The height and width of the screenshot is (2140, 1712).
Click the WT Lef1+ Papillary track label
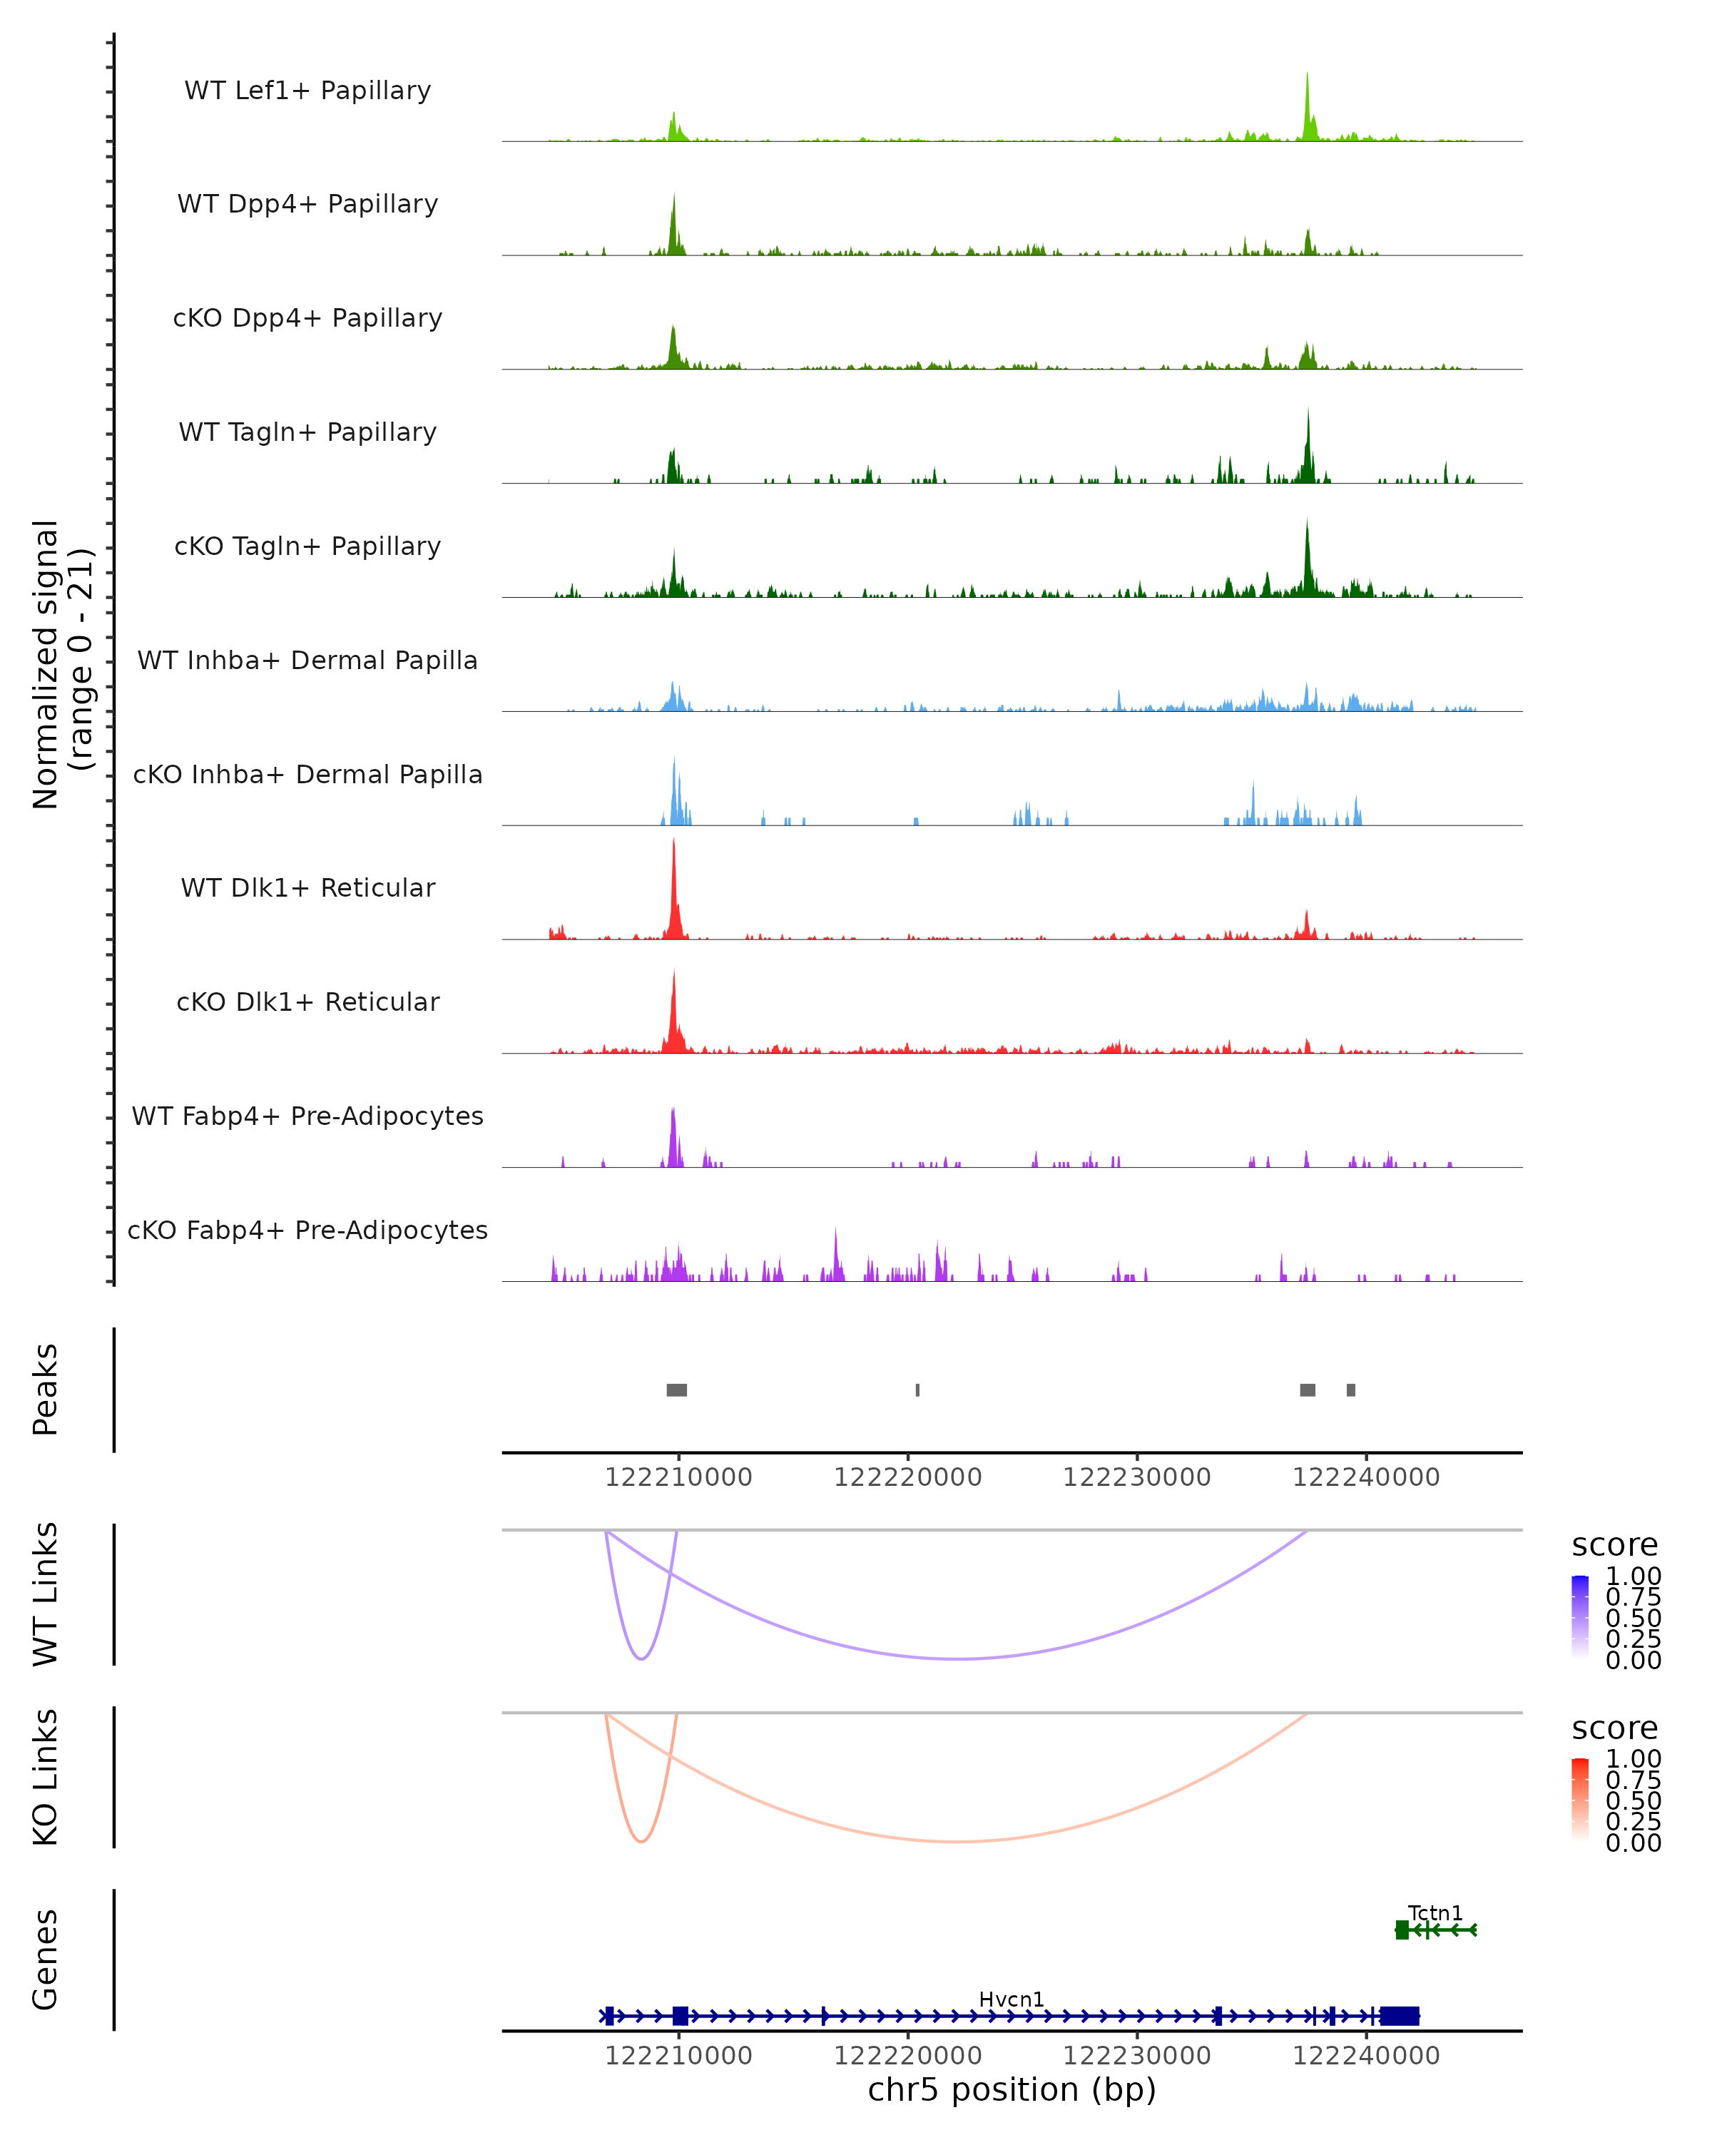coord(307,91)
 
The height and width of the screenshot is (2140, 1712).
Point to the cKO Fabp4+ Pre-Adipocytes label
coord(307,1230)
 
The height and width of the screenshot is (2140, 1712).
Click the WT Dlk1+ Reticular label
coord(307,887)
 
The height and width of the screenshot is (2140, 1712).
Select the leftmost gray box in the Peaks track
coord(677,1390)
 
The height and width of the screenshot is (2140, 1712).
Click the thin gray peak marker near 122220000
coord(917,1390)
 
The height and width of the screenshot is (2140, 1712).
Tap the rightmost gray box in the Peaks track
coord(1351,1390)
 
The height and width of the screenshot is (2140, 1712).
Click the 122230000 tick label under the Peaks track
coord(1136,1477)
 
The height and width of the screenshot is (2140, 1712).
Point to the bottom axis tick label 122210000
coord(679,2056)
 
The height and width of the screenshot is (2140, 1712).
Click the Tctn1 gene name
coord(1435,1912)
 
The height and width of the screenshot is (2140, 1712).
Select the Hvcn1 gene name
coord(1012,1999)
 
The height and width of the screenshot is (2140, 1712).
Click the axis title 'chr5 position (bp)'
coord(1012,2090)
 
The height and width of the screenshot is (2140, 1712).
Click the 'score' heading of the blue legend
coord(1614,1544)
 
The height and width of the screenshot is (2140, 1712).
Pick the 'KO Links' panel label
coord(46,1778)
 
